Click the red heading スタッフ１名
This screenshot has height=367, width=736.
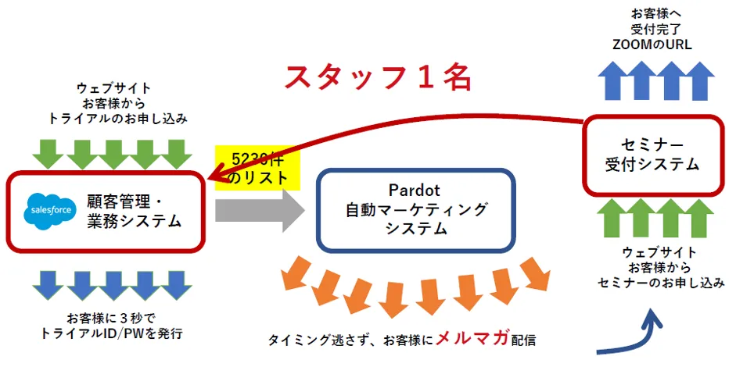(377, 78)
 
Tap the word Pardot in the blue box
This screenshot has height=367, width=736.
(415, 191)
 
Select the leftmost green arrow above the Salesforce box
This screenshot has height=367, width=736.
(48, 152)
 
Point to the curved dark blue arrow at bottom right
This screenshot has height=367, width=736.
(634, 338)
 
